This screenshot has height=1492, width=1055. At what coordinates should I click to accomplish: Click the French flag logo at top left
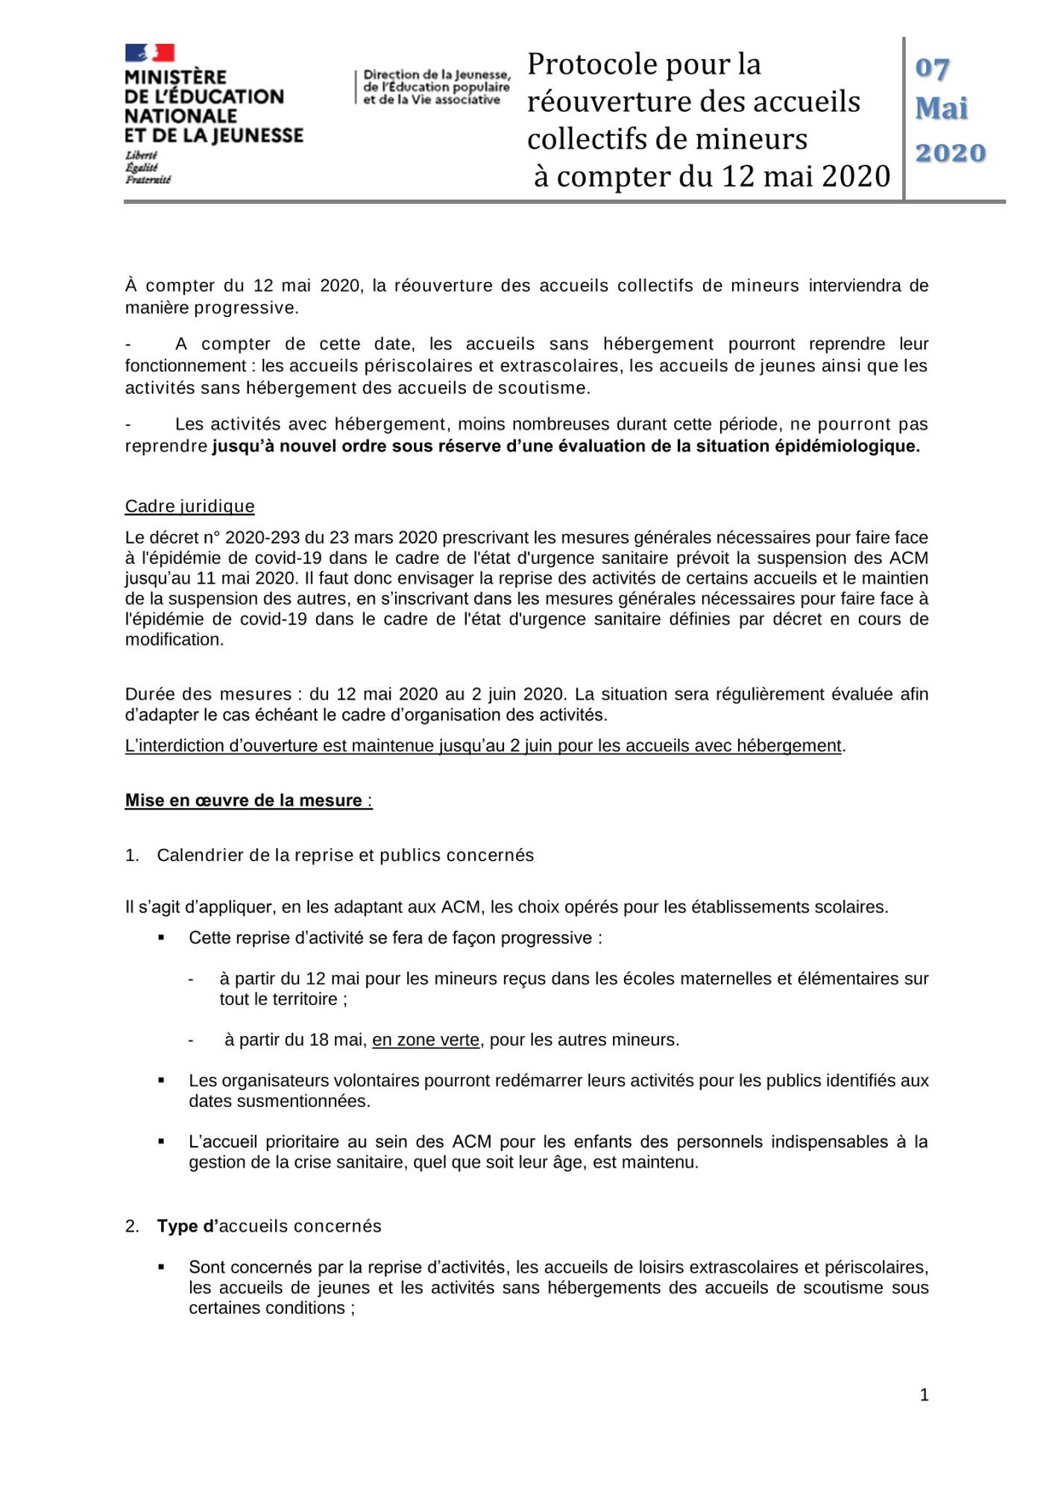[150, 52]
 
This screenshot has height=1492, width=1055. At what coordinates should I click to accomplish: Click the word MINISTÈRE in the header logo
[175, 78]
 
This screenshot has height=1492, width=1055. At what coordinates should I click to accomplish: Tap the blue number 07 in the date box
[932, 69]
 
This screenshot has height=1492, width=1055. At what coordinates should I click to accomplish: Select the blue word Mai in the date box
[942, 109]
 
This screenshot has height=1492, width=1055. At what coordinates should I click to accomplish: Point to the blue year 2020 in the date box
[950, 153]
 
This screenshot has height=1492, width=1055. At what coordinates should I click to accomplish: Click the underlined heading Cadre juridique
[189, 507]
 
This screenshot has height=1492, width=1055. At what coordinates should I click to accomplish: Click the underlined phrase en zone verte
[426, 1040]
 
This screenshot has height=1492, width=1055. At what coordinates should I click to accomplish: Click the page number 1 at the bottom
[924, 1395]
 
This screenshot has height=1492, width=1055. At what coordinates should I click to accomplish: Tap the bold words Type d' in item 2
[186, 1226]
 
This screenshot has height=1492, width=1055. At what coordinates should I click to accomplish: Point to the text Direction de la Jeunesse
[437, 75]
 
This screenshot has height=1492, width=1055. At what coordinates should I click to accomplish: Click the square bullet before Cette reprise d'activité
[161, 938]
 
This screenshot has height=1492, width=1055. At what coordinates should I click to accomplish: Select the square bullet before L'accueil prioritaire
[161, 1141]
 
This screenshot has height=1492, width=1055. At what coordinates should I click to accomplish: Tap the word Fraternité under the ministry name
[148, 180]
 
